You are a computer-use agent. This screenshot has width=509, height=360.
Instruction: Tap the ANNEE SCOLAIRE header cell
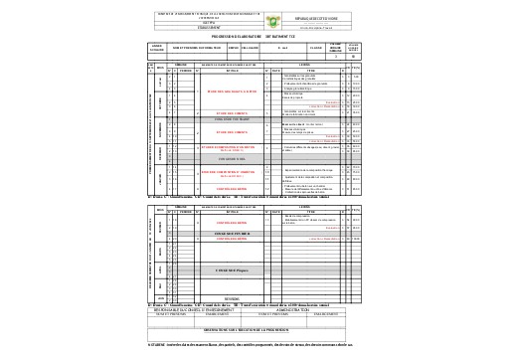pyautogui.click(x=157, y=47)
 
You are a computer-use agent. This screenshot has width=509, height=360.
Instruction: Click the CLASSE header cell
pyautogui.click(x=316, y=47)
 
